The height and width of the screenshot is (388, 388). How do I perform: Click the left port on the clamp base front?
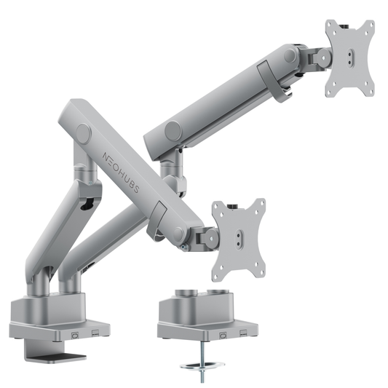coord(75,334)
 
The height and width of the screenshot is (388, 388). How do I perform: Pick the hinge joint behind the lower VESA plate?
coord(206,237)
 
